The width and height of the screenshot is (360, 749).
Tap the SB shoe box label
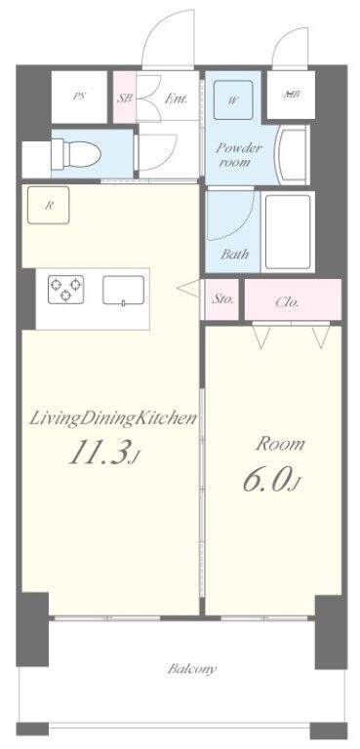[x=124, y=98]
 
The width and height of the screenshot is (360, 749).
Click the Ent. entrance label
[x=177, y=98]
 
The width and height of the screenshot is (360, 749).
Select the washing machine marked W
[x=234, y=99]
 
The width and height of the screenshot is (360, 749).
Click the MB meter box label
[x=292, y=95]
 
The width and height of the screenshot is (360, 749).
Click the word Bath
[x=234, y=255]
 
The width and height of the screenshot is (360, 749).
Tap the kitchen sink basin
[x=124, y=290]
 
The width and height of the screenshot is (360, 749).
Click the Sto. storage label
[x=222, y=300]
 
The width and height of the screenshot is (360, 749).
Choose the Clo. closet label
[x=287, y=302]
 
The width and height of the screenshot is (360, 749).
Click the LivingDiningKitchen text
[x=114, y=419]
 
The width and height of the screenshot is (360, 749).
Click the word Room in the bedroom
[x=280, y=444]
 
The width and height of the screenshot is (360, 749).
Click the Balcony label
[x=191, y=670]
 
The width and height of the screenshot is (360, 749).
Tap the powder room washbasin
[x=291, y=151]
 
